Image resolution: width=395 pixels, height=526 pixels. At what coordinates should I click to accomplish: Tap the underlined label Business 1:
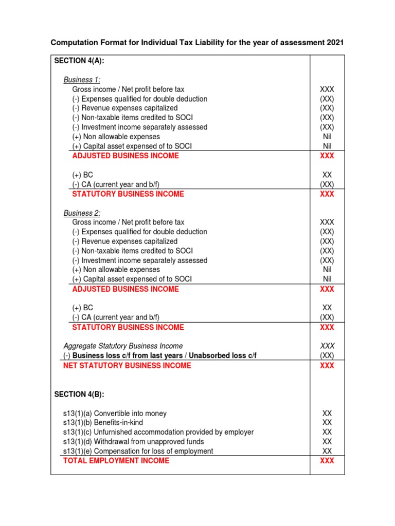point(82,80)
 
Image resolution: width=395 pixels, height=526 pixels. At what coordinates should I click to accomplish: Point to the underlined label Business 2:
point(82,213)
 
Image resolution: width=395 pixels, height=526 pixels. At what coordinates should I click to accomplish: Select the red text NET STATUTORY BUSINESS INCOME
point(127,366)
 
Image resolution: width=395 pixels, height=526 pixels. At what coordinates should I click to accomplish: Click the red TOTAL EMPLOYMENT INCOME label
point(116,461)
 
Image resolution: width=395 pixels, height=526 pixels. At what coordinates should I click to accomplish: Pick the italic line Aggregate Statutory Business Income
point(123,346)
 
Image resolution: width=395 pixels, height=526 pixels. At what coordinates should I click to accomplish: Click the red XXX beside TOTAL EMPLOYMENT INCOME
point(327,461)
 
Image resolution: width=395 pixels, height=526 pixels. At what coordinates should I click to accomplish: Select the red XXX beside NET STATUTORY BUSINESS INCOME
point(327,366)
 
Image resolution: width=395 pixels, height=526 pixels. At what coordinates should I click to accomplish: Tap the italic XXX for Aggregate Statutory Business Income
point(327,346)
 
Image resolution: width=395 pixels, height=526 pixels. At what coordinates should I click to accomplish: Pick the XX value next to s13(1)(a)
point(327,413)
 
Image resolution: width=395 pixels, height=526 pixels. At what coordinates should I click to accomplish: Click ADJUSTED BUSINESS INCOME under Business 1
point(125,156)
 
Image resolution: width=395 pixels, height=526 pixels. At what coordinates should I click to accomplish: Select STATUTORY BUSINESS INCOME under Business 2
point(128,327)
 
